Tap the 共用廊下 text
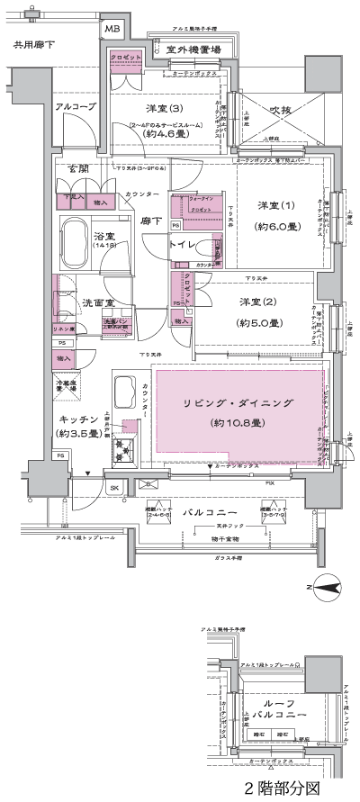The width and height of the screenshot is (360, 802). [x=34, y=43]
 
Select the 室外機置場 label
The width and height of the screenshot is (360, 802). [x=189, y=50]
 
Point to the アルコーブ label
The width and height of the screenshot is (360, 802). [x=75, y=106]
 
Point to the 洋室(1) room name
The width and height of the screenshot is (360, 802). [x=276, y=205]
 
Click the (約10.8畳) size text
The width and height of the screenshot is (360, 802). [x=238, y=423]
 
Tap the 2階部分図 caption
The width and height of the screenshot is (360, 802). [x=286, y=787]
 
